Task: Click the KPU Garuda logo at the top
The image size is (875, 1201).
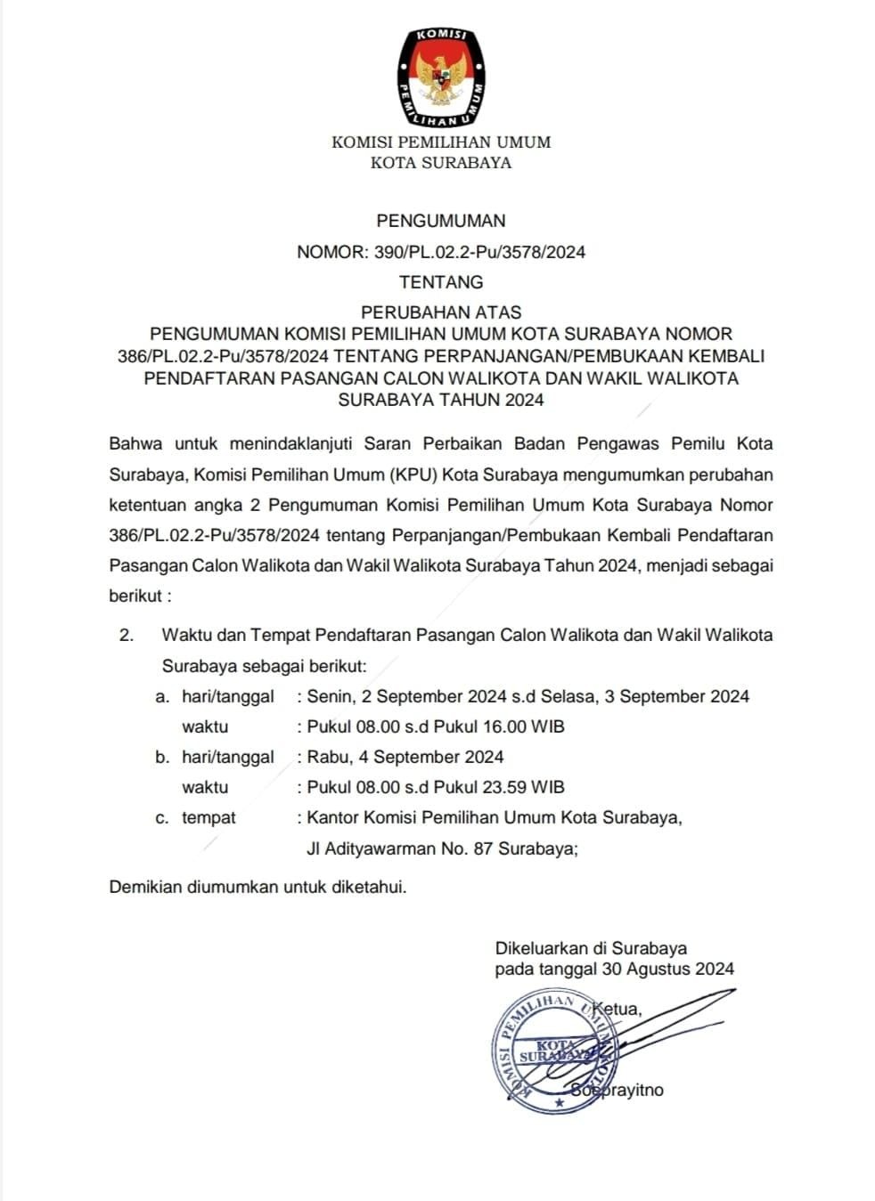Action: click(x=441, y=77)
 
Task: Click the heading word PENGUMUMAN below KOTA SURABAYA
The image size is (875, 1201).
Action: click(x=441, y=221)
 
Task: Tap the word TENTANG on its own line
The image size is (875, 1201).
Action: click(x=441, y=282)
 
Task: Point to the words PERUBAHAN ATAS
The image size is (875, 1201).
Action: click(x=441, y=312)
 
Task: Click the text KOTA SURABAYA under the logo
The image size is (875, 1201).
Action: click(x=441, y=163)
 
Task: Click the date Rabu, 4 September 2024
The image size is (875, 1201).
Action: click(x=405, y=757)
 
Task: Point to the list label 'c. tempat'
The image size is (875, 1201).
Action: click(x=196, y=817)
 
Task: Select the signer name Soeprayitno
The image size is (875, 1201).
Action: click(x=617, y=1091)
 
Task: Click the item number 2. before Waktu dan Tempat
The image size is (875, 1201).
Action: click(x=126, y=636)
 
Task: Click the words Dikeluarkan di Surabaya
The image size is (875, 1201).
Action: click(x=591, y=948)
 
